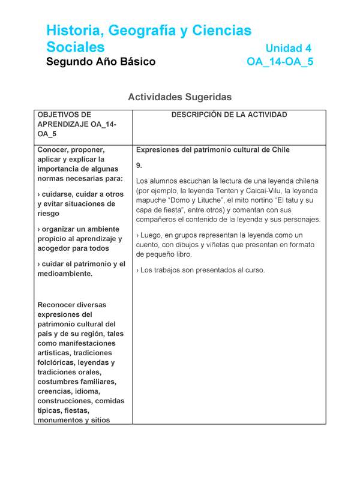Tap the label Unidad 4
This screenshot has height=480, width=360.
tap(288, 48)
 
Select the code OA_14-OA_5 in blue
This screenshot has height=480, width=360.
tap(280, 62)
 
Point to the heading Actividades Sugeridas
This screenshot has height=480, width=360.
tap(179, 97)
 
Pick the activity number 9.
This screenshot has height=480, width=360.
tap(139, 165)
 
